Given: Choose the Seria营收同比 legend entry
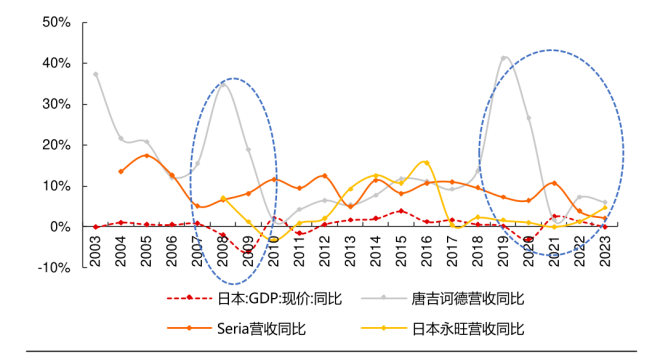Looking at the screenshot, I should click(257, 328).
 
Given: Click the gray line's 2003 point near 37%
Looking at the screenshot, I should click(96, 74).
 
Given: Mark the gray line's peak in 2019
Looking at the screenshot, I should click(504, 58).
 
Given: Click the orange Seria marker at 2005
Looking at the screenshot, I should click(147, 155).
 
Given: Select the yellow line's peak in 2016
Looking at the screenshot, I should click(426, 162).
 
